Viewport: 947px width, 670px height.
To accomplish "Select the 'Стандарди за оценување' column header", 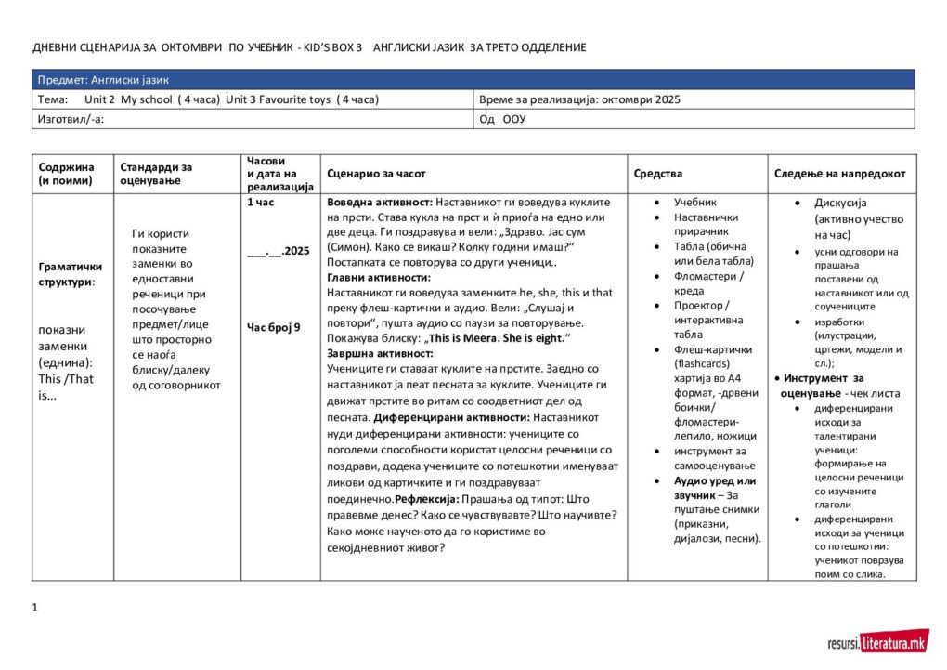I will point(155,174).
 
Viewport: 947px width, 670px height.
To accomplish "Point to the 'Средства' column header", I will point(657,174).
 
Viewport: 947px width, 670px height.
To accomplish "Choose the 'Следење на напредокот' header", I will point(840,174).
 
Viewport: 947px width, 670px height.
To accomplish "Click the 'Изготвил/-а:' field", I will point(71,119).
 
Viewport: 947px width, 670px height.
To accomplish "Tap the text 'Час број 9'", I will point(274,327).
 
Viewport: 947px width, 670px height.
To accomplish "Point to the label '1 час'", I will point(261,202).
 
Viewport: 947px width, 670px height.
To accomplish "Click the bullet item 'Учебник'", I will point(694,202).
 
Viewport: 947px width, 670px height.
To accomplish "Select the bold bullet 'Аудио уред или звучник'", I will point(715,488).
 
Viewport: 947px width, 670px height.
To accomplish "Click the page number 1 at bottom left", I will point(34,608).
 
